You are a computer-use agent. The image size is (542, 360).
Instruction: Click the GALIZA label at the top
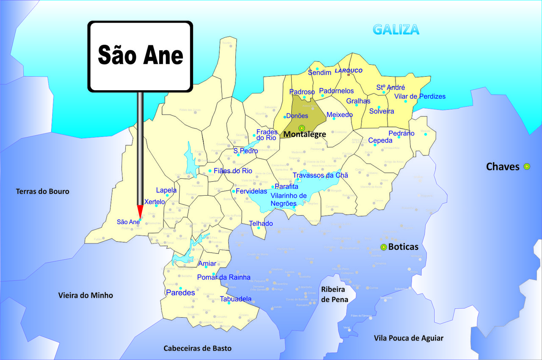pyautogui.click(x=396, y=29)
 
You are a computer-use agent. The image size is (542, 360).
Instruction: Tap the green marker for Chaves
pyautogui.click(x=527, y=166)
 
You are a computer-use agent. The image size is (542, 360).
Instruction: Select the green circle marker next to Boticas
pyautogui.click(x=384, y=247)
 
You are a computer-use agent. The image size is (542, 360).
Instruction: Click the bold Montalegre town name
pyautogui.click(x=304, y=134)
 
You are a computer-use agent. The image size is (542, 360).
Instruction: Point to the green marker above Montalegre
pyautogui.click(x=301, y=128)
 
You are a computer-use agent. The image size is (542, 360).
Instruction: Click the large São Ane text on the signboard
pyautogui.click(x=141, y=55)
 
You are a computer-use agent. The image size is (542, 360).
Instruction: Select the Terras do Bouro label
pyautogui.click(x=42, y=191)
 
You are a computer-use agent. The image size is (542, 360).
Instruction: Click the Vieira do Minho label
pyautogui.click(x=86, y=295)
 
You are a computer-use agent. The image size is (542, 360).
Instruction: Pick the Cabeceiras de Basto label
pyautogui.click(x=198, y=348)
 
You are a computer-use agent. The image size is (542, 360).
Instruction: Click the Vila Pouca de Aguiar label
pyautogui.click(x=409, y=338)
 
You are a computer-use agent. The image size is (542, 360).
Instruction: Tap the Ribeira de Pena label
pyautogui.click(x=333, y=294)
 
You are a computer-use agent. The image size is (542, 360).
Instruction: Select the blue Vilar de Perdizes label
pyautogui.click(x=420, y=96)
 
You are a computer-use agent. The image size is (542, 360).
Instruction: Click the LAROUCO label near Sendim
pyautogui.click(x=348, y=71)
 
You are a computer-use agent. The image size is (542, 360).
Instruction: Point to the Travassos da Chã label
pyautogui.click(x=321, y=175)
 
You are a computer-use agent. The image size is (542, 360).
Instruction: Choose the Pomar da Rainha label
pyautogui.click(x=224, y=277)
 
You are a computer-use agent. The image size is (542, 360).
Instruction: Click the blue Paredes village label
pyautogui.click(x=180, y=293)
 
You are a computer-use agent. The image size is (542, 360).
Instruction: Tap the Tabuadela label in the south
pyautogui.click(x=235, y=299)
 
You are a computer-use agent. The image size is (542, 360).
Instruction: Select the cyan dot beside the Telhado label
pyautogui.click(x=259, y=228)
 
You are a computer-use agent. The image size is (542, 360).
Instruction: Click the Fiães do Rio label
pyautogui.click(x=233, y=171)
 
